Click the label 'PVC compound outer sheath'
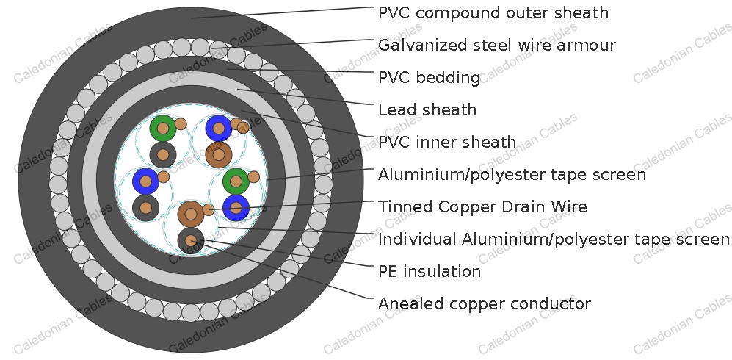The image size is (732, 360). point(493,12)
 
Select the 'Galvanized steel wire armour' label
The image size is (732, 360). point(497,46)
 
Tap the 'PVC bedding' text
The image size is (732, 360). point(429,77)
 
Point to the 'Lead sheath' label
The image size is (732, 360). point(427,109)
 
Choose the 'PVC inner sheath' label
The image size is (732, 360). point(447,142)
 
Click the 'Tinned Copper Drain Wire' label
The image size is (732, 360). point(482,206)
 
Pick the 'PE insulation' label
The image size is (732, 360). point(430,271)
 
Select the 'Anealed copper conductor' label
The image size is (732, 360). point(485,303)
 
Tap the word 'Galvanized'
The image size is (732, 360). point(422,46)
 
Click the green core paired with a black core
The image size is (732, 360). point(163,128)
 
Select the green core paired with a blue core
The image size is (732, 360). point(236,181)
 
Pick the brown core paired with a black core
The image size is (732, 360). point(191,215)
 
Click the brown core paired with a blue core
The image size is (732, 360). point(219,154)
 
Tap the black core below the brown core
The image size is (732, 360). point(191,240)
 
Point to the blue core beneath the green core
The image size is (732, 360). point(236,208)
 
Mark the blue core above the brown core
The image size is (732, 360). point(219,128)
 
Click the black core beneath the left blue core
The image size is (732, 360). point(145,208)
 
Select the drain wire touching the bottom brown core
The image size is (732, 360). point(209,209)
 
